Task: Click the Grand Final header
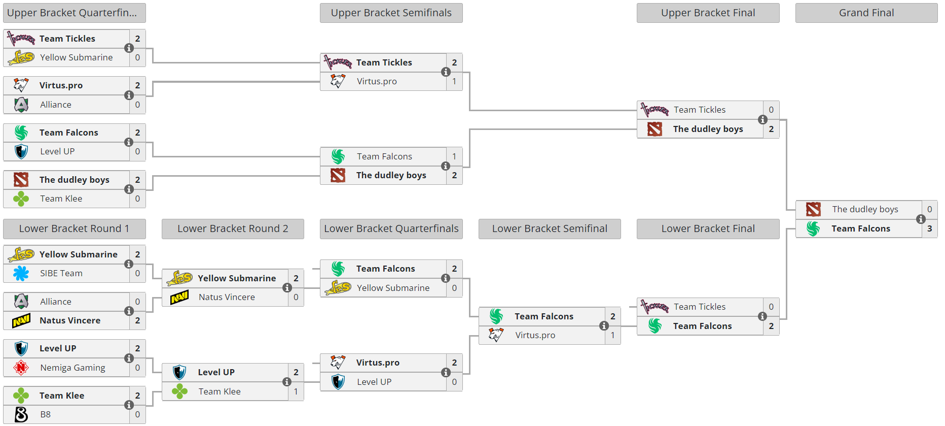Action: (866, 13)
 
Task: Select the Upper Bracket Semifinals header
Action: (391, 13)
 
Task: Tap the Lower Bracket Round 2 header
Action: (233, 229)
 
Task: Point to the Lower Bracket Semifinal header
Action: (550, 229)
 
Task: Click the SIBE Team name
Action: (61, 274)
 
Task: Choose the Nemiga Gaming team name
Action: (72, 368)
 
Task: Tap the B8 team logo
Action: (21, 414)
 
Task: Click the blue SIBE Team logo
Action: (21, 274)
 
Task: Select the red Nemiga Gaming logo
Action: (21, 368)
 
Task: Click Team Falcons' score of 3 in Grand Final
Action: (929, 228)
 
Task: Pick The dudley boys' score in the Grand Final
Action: (929, 209)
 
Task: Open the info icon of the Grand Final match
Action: (921, 219)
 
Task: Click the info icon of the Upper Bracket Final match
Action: (762, 120)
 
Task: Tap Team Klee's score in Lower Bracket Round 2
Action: (296, 391)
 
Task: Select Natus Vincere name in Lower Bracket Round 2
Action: (227, 298)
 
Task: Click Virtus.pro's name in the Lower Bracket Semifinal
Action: (535, 335)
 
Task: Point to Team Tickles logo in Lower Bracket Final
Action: (655, 307)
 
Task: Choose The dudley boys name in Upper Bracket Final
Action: (708, 129)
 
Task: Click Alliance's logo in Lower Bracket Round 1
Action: (21, 302)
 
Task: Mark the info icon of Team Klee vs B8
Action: (129, 405)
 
